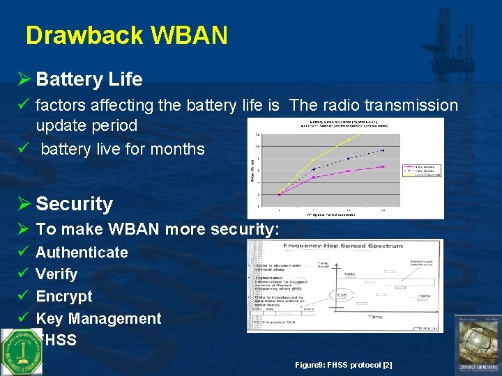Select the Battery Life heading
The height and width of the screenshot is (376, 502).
[89, 79]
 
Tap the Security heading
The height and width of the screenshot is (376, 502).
[74, 203]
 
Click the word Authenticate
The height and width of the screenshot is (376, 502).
[82, 252]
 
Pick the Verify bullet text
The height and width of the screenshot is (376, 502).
[56, 274]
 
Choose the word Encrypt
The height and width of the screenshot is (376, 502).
[63, 296]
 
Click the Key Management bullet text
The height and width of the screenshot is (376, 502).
[98, 318]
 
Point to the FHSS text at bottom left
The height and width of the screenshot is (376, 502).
[59, 340]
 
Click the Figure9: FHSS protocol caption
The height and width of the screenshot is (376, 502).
[343, 365]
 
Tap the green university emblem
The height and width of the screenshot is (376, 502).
[21, 352]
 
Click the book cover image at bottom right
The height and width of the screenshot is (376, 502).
[477, 345]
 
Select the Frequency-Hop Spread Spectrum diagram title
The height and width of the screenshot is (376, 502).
[344, 245]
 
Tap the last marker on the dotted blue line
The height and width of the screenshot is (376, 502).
[383, 150]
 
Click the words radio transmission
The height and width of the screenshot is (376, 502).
[374, 105]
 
